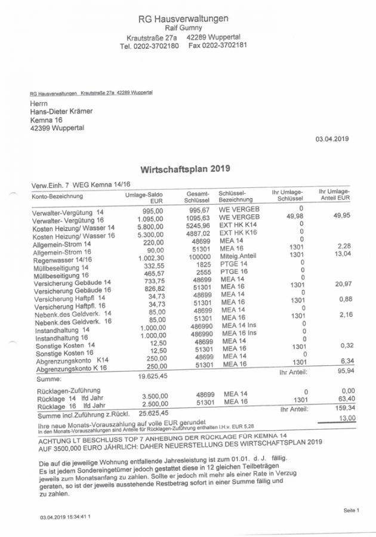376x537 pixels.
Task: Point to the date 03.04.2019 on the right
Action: point(332,139)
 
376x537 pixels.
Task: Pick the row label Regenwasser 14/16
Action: point(62,260)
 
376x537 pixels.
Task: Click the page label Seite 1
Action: point(351,511)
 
